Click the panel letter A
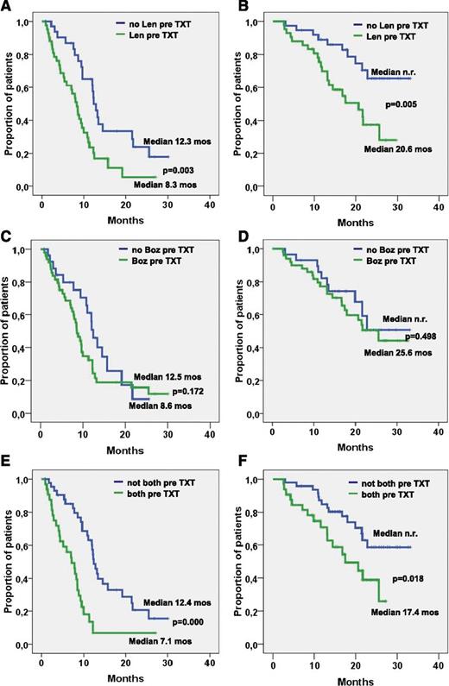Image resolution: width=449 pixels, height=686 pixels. tap(6, 7)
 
